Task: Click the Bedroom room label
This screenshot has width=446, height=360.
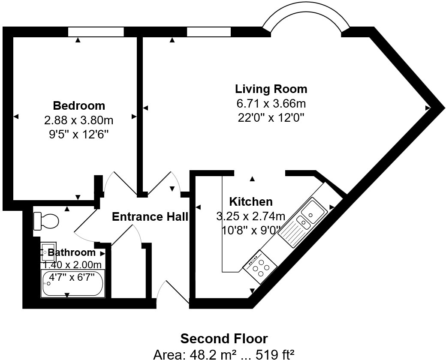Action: (x=79, y=105)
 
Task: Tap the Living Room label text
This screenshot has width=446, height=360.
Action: (x=271, y=89)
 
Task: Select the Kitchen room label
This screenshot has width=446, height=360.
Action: (x=251, y=201)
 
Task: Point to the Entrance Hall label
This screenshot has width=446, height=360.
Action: (x=150, y=217)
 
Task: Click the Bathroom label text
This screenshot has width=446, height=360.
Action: (x=72, y=252)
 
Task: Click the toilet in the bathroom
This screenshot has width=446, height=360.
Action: (x=46, y=222)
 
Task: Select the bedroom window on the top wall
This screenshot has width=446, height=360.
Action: (x=95, y=32)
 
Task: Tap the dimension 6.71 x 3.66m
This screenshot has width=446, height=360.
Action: (x=271, y=103)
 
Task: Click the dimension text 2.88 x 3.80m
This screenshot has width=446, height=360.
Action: (x=79, y=120)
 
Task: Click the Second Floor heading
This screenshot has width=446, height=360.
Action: (x=224, y=339)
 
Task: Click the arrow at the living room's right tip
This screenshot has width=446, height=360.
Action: (x=428, y=108)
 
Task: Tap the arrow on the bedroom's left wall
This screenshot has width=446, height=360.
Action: (x=16, y=116)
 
